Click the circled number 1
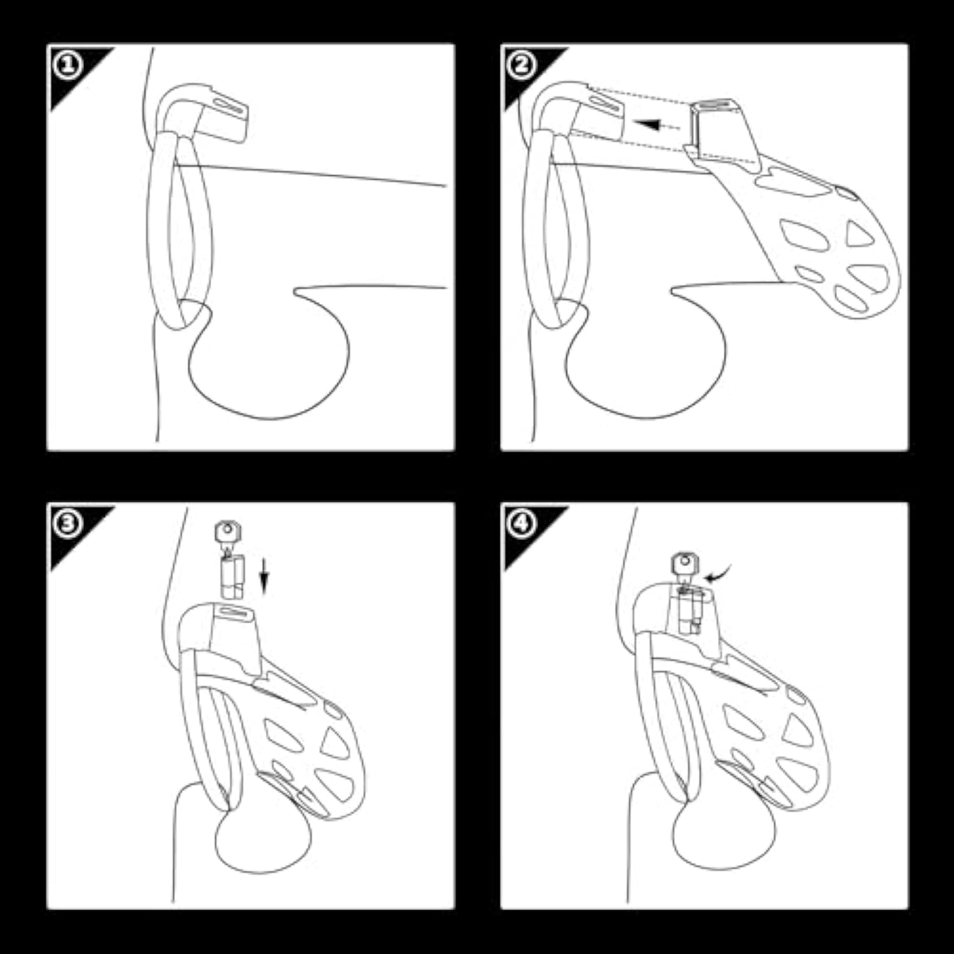pos(67,65)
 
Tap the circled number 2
pos(521,65)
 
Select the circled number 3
pos(67,523)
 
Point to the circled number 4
pos(521,523)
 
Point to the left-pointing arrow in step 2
pos(657,125)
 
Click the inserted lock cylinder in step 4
pos(689,611)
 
